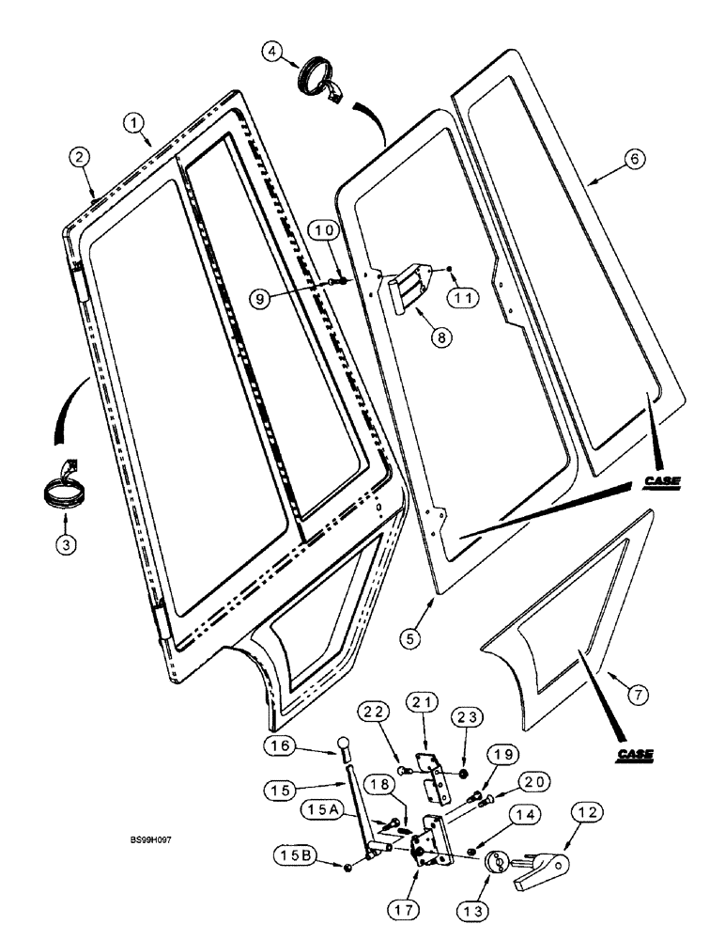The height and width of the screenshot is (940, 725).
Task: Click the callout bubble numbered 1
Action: point(135,123)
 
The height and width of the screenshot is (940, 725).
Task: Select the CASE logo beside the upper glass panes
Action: point(661,483)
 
